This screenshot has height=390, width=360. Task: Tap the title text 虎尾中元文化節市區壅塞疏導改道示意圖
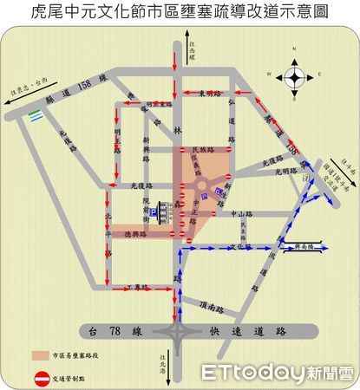pos(180,12)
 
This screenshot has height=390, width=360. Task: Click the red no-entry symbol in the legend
pos(42,378)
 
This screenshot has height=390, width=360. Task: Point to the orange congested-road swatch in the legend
pos(42,355)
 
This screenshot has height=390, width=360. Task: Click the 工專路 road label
pos(137,285)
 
